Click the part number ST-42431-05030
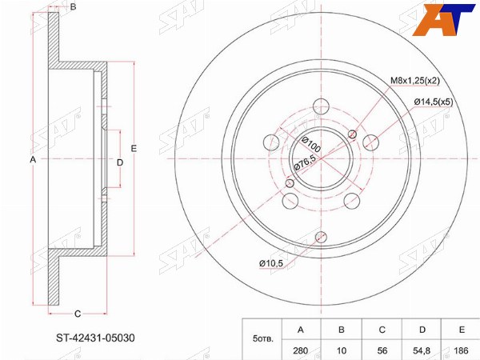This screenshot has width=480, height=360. click(x=95, y=338)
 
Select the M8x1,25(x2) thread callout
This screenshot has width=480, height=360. click(x=414, y=81)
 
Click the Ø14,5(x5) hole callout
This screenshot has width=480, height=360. click(x=433, y=102)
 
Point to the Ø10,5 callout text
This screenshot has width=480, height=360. click(x=271, y=263)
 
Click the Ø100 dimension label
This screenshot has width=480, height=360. click(x=310, y=144)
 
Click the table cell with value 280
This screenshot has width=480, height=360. click(x=301, y=350)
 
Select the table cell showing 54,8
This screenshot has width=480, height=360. click(x=422, y=350)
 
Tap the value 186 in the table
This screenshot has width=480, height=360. click(x=462, y=350)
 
